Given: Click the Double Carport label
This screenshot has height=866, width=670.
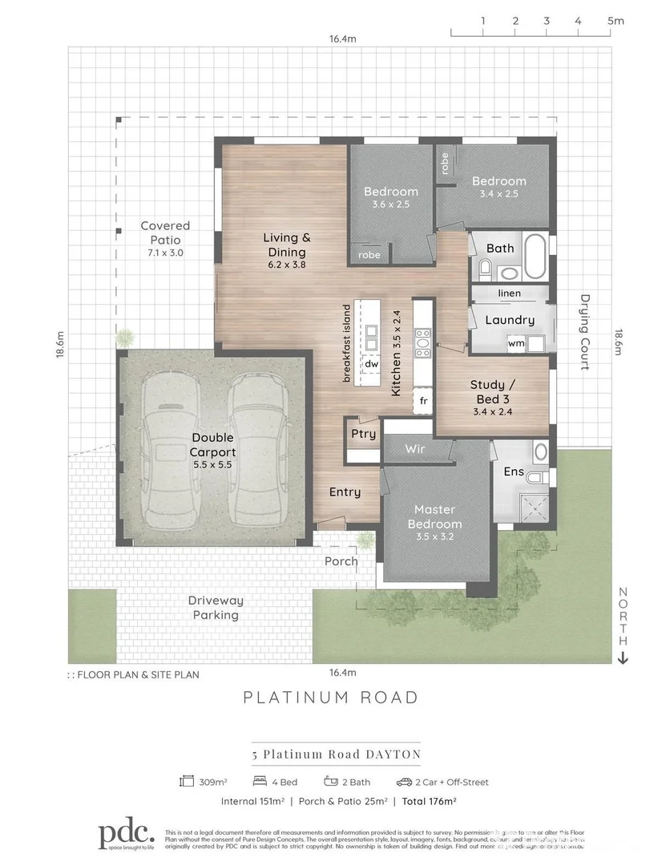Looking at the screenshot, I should coord(212,445).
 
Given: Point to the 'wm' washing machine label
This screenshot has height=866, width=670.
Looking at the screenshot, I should coord(516,344).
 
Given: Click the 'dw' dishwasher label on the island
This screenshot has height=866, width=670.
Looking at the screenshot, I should coord(371,364).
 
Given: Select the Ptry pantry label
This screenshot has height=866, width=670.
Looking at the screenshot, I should coord(363,434).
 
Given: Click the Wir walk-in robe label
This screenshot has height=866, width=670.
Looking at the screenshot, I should coord(414,450).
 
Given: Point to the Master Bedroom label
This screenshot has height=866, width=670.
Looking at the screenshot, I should coord(434,517).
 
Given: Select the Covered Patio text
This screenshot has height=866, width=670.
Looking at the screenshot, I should coord(165,233).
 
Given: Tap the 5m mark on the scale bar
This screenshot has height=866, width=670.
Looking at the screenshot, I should coord(616,22).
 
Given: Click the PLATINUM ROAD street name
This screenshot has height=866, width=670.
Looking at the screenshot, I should coord(331,697).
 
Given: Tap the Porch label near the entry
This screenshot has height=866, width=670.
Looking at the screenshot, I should coord(341,561).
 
